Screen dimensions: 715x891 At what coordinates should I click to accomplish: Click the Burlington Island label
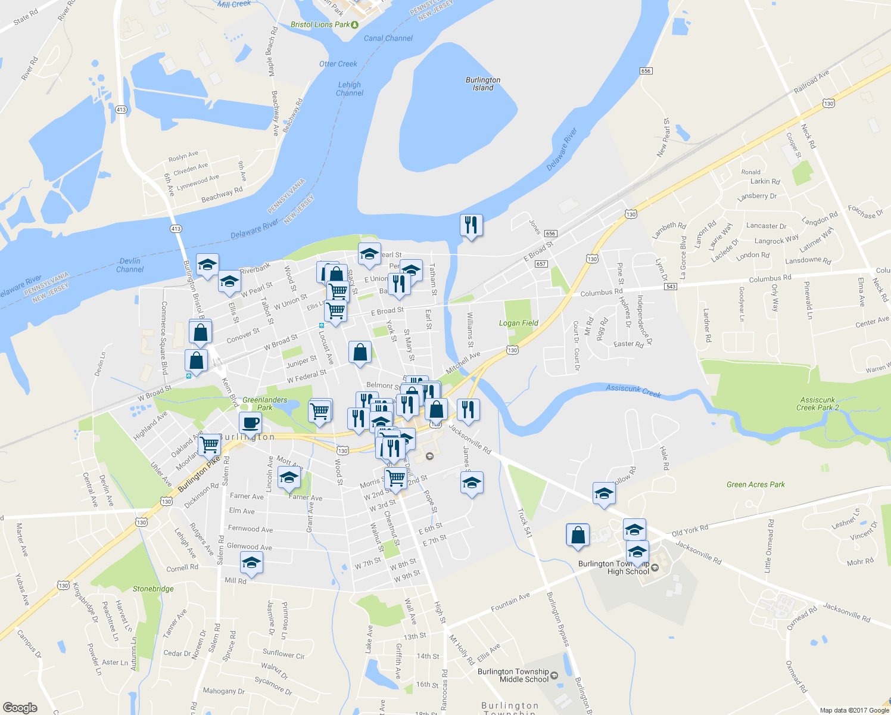(483, 83)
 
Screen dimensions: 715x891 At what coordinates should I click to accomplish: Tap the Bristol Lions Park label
(320, 24)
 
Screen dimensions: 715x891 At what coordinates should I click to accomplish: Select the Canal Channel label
(388, 38)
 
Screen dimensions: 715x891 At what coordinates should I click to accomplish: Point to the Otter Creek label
(338, 64)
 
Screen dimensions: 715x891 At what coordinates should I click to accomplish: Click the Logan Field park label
(518, 323)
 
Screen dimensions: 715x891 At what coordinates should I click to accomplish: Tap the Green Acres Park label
(755, 484)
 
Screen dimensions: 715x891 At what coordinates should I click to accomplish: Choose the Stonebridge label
(153, 589)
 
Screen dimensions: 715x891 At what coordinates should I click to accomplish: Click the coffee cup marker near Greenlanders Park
(250, 423)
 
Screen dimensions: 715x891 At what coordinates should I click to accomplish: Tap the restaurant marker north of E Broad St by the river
(471, 225)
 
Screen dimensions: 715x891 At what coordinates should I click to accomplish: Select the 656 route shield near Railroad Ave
(646, 71)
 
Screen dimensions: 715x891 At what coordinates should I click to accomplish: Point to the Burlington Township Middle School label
(513, 675)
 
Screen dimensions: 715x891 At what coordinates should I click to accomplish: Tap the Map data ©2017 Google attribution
(854, 710)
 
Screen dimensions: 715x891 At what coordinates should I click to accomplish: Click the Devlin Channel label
(130, 265)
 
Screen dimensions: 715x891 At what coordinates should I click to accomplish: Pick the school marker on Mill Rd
(251, 562)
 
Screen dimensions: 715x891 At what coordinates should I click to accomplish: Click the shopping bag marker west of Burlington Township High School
(578, 535)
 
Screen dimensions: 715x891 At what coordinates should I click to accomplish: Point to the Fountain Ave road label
(510, 602)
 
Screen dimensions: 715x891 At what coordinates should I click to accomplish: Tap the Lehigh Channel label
(350, 89)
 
